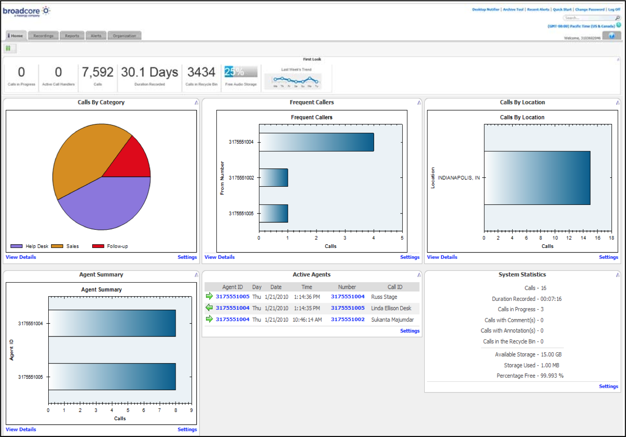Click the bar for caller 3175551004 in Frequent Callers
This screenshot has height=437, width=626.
click(x=316, y=142)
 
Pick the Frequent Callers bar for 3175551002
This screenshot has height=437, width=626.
click(x=273, y=178)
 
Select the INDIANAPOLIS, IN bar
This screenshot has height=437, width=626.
click(x=537, y=178)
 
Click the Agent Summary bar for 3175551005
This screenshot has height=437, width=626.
click(x=112, y=377)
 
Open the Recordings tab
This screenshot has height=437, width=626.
click(x=43, y=36)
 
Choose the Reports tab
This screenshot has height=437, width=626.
click(x=72, y=36)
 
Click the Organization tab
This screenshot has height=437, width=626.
click(x=124, y=36)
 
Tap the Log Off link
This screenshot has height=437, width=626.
click(x=614, y=9)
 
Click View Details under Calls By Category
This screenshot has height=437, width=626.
click(x=21, y=257)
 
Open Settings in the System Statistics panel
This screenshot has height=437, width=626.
click(x=608, y=386)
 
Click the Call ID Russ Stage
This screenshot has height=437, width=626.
click(x=384, y=297)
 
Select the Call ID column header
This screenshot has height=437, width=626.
click(x=395, y=287)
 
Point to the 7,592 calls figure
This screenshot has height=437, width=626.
click(x=97, y=72)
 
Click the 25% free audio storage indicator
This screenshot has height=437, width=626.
click(x=241, y=72)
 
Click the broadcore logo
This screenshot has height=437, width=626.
click(x=26, y=11)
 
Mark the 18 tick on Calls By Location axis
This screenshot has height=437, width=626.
click(x=611, y=238)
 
